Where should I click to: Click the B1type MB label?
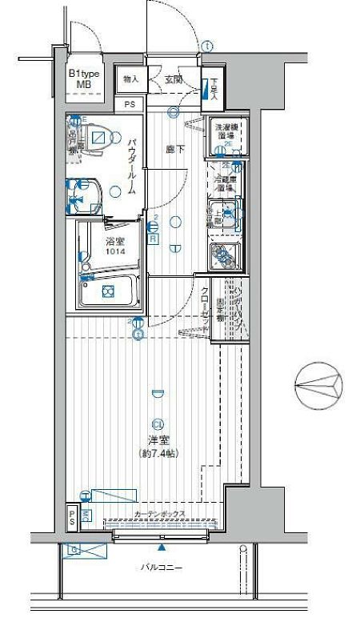(x=84, y=78)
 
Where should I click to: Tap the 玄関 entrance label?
(x=174, y=78)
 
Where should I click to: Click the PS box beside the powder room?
(x=130, y=105)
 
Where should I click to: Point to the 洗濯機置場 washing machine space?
(x=225, y=133)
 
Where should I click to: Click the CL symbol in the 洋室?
(x=157, y=424)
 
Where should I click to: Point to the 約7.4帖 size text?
(x=157, y=453)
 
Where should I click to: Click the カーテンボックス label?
(x=160, y=514)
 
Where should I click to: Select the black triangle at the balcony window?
(x=162, y=548)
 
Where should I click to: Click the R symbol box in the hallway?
(x=153, y=238)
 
